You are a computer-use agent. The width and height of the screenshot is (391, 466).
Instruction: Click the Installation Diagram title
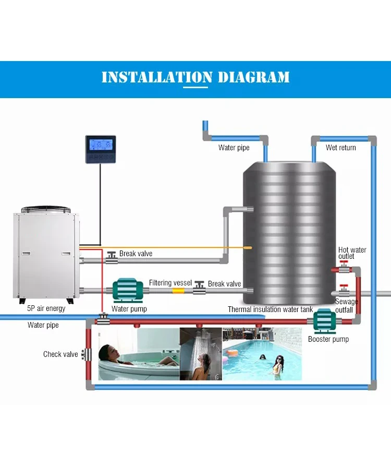[x=195, y=78]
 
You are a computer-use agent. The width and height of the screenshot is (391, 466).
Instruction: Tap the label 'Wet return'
[x=340, y=148]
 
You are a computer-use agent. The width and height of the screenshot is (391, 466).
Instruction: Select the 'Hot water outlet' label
[x=352, y=253]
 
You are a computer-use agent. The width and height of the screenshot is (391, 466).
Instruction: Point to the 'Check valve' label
[x=60, y=354]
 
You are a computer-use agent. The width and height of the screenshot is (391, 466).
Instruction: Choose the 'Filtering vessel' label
[x=170, y=282]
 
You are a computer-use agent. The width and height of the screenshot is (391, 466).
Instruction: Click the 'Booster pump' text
[x=328, y=339]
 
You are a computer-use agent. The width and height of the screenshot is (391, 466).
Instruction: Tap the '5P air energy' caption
[x=46, y=308]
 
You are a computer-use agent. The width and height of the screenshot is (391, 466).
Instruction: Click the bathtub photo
[x=137, y=354]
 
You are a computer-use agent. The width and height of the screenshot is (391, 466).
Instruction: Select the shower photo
[x=201, y=354]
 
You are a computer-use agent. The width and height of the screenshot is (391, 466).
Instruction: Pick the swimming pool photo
[x=262, y=354]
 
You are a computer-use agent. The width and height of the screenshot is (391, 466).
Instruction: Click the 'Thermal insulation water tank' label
[x=270, y=309]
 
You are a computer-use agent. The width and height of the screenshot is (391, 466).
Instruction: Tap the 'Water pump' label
[x=129, y=309]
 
